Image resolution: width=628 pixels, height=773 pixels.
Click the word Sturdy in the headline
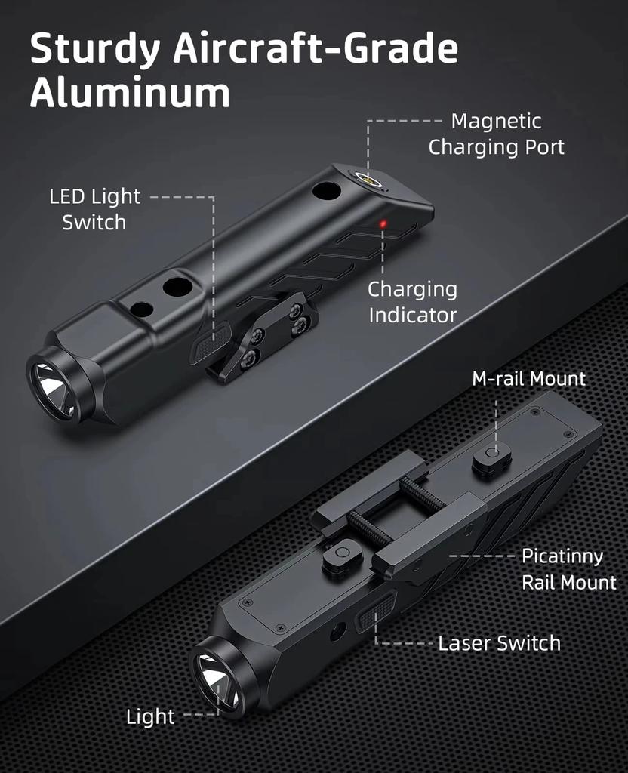[x=94, y=51]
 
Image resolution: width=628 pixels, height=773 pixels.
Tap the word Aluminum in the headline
[x=130, y=94]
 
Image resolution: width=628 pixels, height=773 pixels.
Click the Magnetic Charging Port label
[x=496, y=134]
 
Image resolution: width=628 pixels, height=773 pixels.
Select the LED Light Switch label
[x=95, y=209]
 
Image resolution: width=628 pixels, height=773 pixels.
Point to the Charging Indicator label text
[x=412, y=302]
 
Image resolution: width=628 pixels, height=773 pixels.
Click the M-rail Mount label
[x=528, y=378]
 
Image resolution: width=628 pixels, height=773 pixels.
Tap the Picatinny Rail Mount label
[x=568, y=569]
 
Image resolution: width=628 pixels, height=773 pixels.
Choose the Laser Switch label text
[x=499, y=644]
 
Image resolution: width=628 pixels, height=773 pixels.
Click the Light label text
[x=150, y=717]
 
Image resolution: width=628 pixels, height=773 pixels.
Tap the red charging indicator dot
[x=383, y=224]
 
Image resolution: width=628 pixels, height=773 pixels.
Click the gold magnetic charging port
[x=368, y=179]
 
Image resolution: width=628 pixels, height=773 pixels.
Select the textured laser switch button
[x=377, y=611]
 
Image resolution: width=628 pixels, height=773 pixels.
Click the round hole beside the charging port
[x=327, y=190]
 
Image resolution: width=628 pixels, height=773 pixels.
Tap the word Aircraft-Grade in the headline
[x=316, y=51]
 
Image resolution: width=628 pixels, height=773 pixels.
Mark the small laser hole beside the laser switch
[x=337, y=631]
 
